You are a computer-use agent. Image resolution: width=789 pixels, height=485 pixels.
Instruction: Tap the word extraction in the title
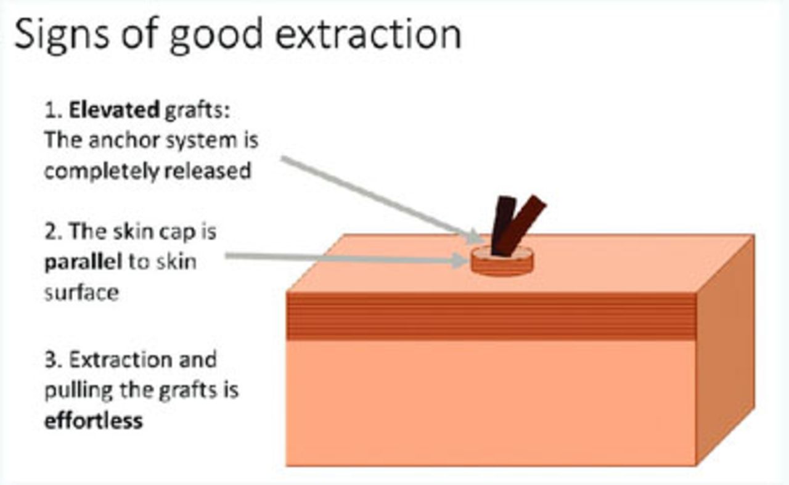point(368,34)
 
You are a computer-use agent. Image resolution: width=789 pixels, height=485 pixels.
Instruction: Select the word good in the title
point(216,36)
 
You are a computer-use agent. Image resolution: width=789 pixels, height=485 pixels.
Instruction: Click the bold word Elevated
point(114,110)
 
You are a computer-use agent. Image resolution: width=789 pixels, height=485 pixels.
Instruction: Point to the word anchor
point(125,140)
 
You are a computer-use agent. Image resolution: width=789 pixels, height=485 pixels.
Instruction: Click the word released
point(208,171)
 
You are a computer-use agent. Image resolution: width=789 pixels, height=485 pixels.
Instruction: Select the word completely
point(102,172)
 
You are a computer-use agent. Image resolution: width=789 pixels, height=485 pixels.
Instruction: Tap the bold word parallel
point(83,263)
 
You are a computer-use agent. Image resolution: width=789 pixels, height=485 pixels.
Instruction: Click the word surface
point(82,293)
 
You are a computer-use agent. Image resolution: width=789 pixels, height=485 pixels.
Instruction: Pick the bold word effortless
point(94,420)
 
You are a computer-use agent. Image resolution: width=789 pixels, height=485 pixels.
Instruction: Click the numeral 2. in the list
point(54,232)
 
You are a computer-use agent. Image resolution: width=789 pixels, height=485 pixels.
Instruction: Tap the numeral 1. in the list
point(54,110)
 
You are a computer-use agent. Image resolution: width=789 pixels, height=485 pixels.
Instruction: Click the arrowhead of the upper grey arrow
point(476,237)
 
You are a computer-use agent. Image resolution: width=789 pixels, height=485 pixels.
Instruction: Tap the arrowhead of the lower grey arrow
point(460,261)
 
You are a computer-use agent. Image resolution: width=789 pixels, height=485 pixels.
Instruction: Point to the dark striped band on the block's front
point(491,316)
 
